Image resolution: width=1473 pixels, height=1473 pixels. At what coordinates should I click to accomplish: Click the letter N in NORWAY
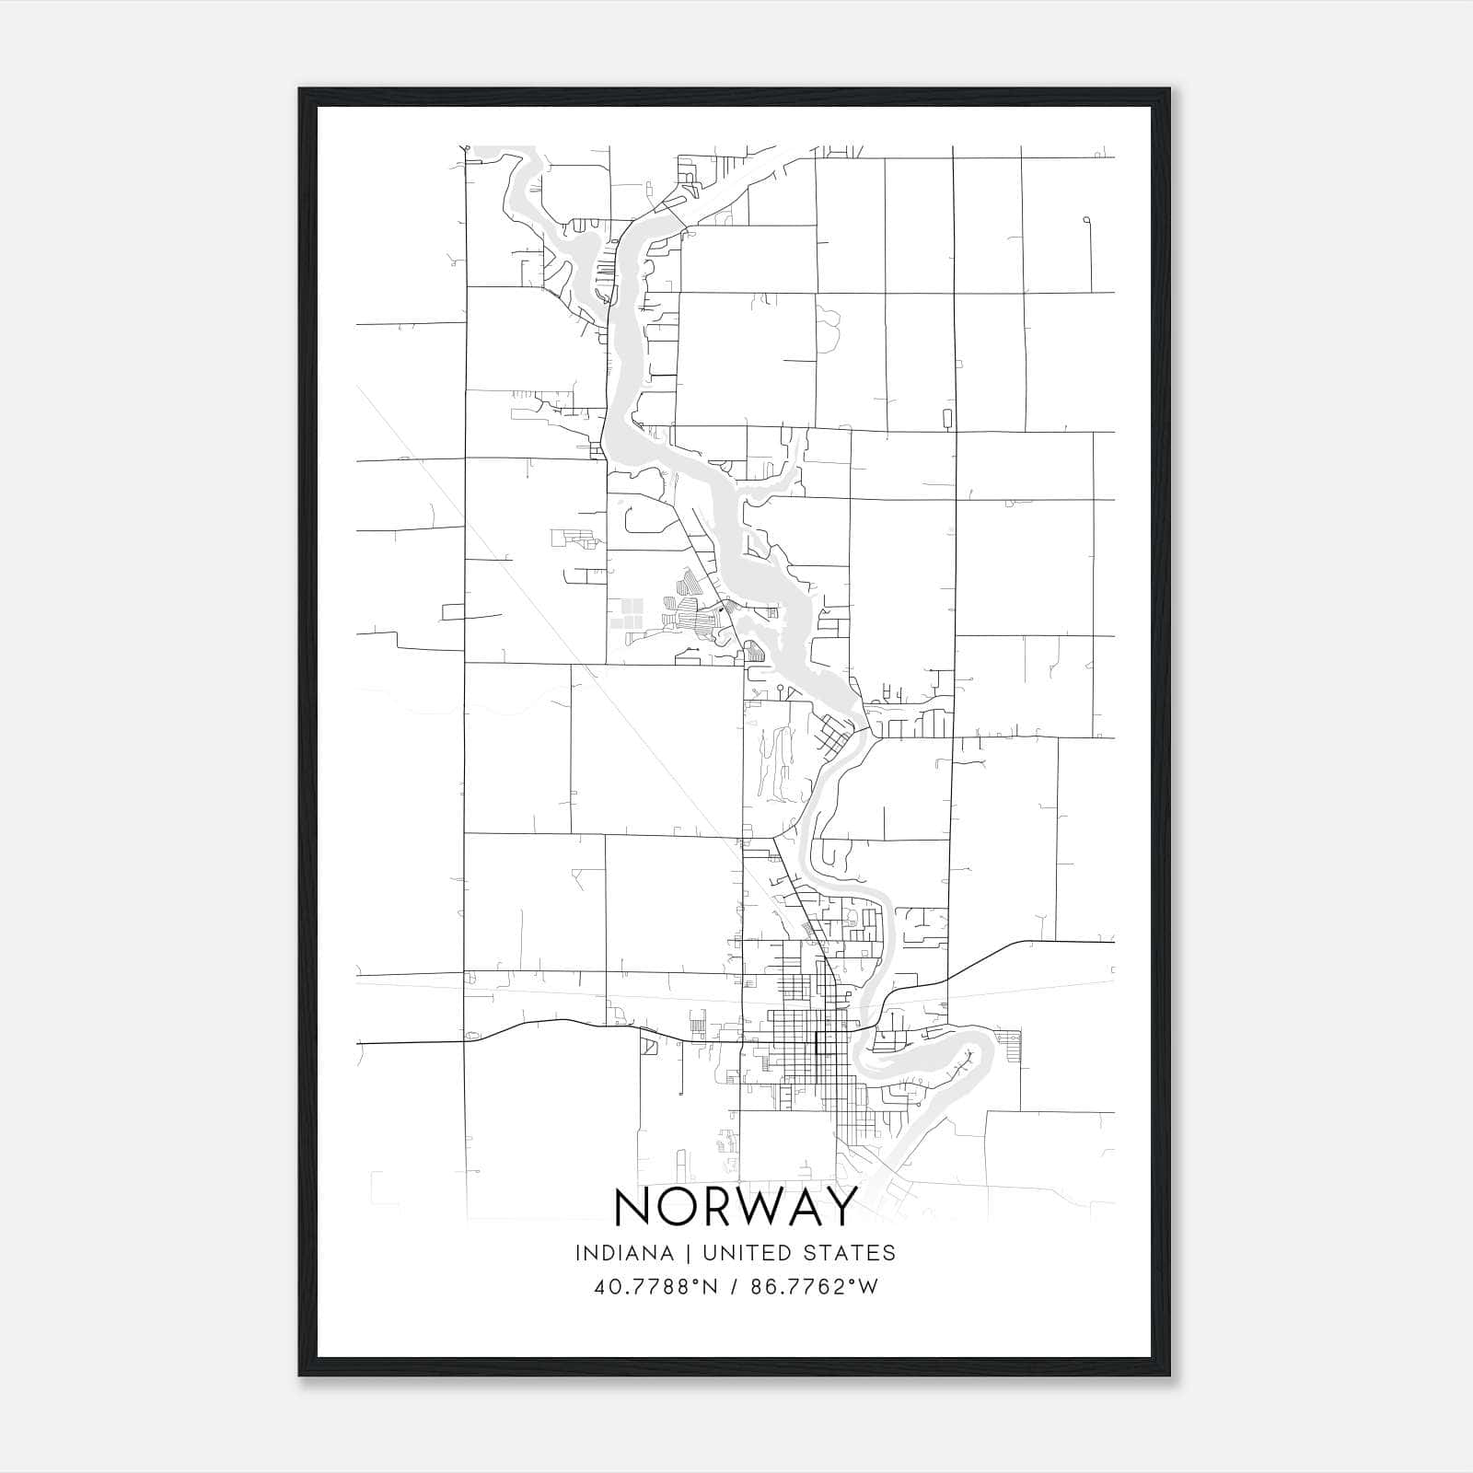coord(633,1207)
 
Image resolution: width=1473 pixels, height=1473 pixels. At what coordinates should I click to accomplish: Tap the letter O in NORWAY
coord(680,1207)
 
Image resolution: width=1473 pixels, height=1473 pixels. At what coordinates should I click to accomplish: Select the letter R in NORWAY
coord(724,1207)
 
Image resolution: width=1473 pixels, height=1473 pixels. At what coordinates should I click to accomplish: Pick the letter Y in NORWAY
coord(841,1207)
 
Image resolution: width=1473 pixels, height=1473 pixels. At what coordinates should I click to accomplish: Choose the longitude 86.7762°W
coord(815,1287)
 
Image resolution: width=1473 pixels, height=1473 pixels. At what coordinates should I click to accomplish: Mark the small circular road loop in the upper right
coord(1087,220)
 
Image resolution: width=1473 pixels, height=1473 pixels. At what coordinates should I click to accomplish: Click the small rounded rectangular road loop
coord(947,419)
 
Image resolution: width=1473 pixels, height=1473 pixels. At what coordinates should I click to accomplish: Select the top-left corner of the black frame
coord(301,90)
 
